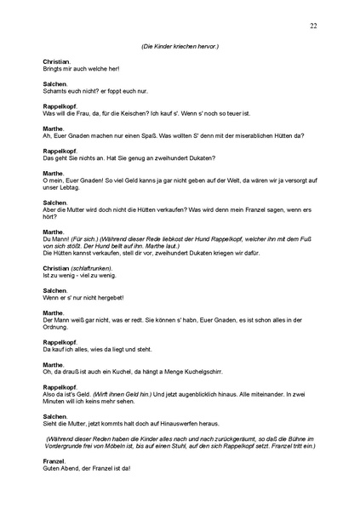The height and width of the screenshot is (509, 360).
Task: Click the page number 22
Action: (x=314, y=26)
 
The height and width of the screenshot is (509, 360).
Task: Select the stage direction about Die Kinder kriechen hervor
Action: (x=180, y=47)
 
